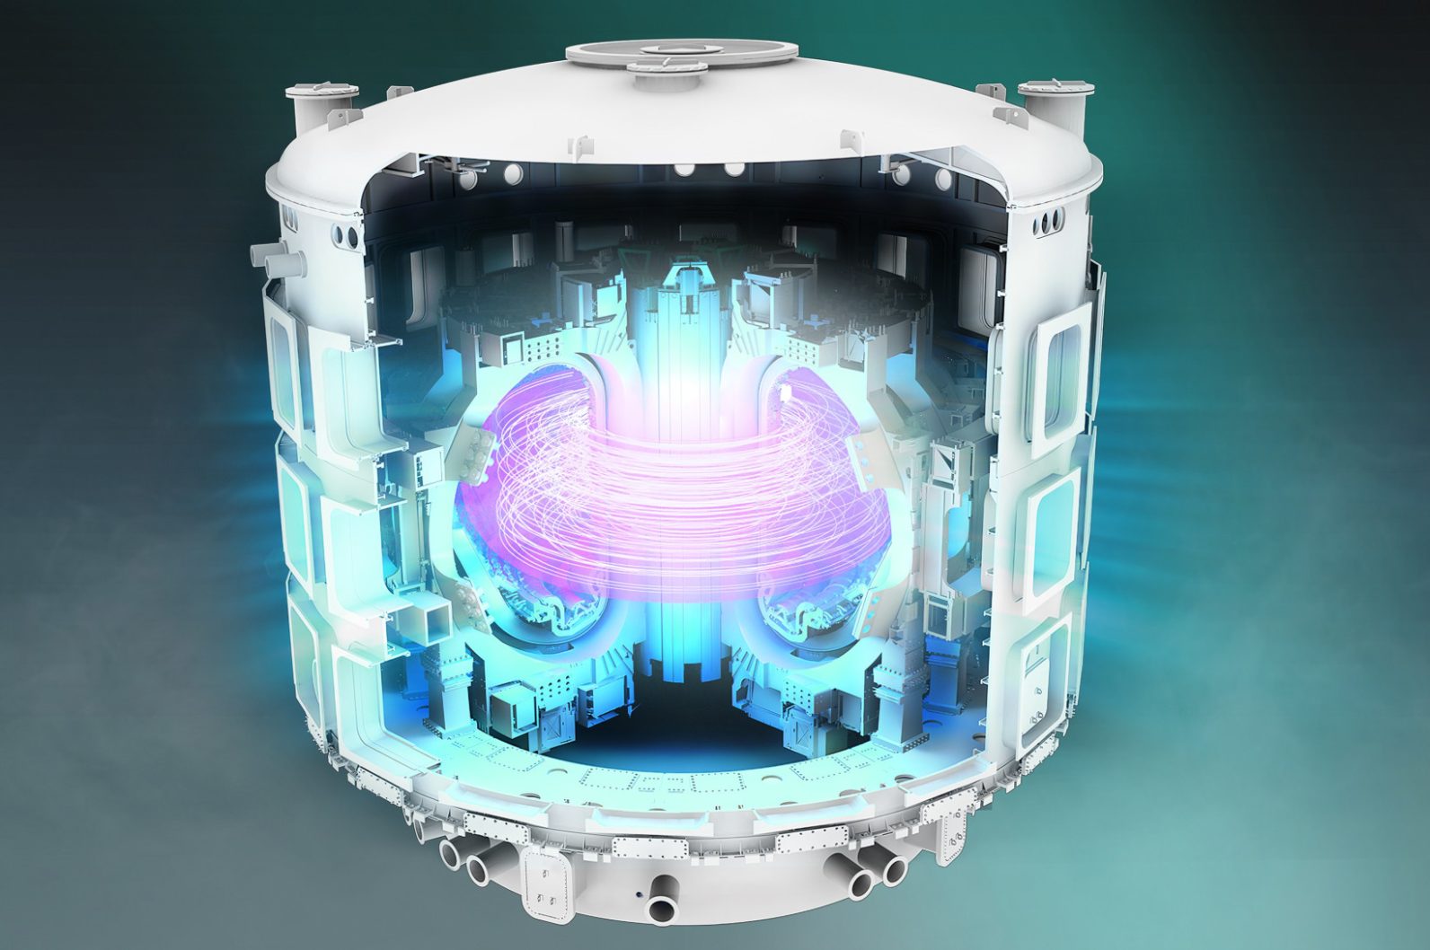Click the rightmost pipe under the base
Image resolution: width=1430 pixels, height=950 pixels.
[x=894, y=869]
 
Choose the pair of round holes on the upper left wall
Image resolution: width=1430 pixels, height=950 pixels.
[x=344, y=237]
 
